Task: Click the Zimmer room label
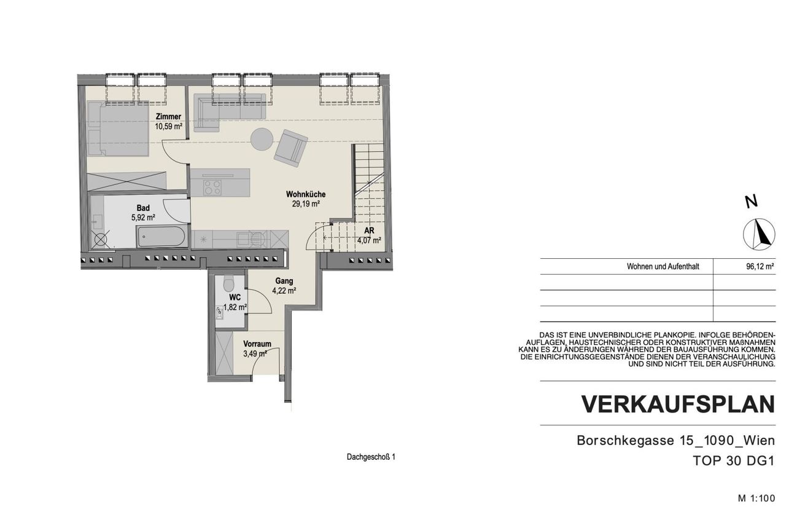168,116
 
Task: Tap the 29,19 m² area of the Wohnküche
306,203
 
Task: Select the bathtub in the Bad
161,237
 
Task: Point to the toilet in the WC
230,283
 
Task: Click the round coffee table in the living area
262,139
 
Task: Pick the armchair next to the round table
291,148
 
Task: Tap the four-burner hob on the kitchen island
212,187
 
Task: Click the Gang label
284,281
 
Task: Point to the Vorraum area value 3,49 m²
255,353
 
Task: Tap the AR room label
369,231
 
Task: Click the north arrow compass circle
759,234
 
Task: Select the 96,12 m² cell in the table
760,267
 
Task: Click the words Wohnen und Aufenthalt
663,267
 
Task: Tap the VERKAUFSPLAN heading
678,404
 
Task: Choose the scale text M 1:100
756,498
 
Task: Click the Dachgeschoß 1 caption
371,457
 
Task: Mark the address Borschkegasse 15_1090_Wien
676,441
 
